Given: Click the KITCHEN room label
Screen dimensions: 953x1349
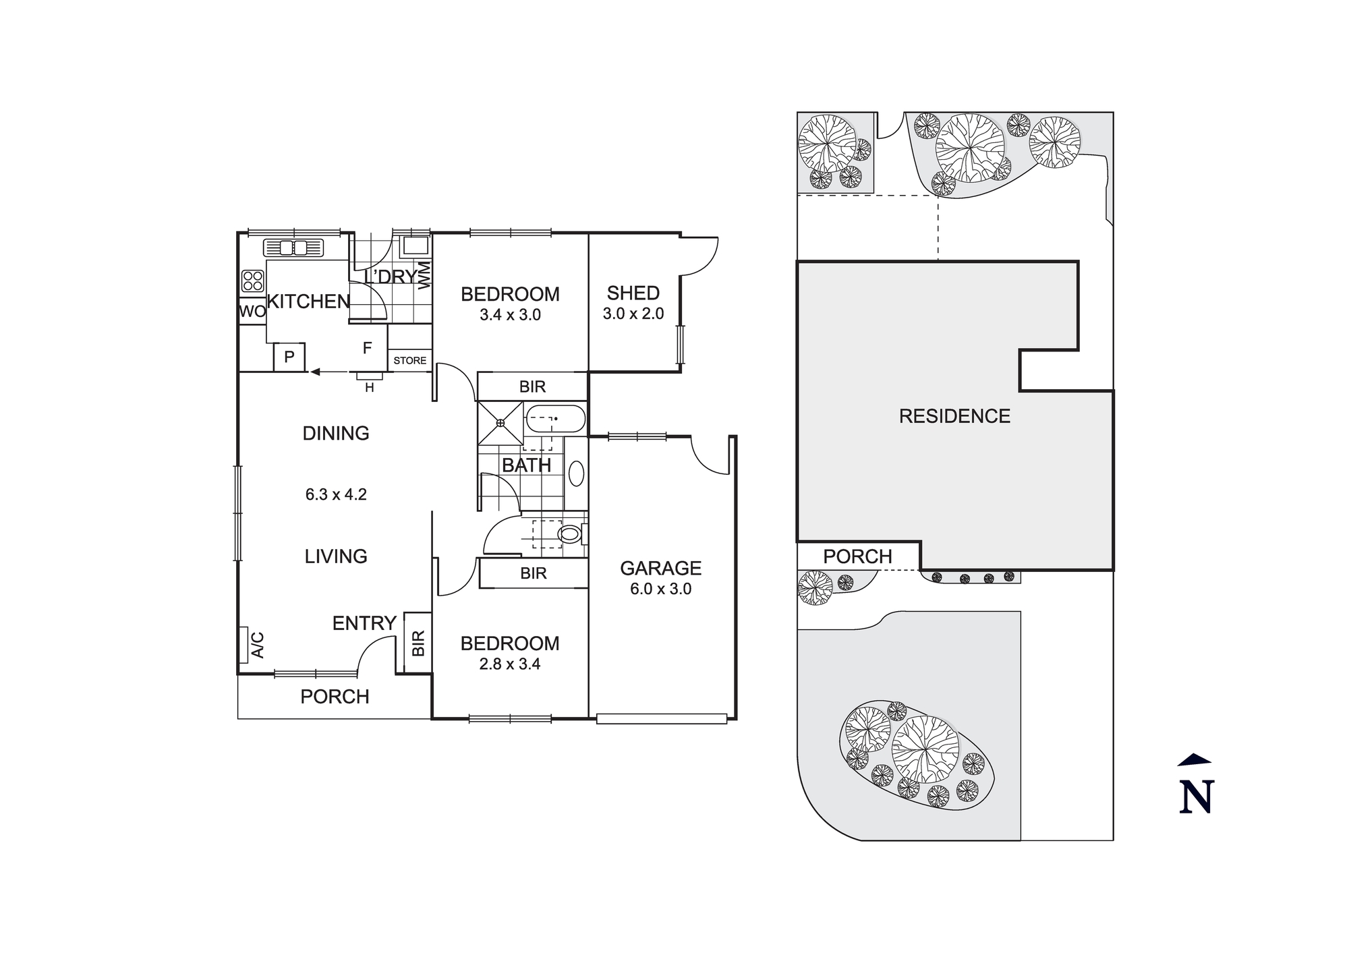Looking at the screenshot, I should point(308,301).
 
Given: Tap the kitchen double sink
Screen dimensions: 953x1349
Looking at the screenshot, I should point(294,248).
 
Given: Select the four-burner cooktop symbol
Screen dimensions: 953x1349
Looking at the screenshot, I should point(253,281).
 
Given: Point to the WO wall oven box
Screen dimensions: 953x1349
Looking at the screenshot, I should point(252,312).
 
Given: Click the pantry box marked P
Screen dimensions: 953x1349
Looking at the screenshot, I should point(289,357).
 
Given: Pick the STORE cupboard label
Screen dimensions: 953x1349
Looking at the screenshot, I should point(409,361).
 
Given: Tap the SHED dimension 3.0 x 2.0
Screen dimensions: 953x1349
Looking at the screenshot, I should point(633,314).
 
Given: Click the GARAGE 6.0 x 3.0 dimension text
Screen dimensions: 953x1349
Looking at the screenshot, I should point(660,589).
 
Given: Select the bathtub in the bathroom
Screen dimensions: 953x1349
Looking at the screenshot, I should point(555,419).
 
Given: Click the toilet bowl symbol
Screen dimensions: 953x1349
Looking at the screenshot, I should point(570,535).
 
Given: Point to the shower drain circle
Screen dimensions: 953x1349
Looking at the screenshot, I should point(500,423).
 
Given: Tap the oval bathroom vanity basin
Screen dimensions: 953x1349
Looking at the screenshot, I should point(576,473).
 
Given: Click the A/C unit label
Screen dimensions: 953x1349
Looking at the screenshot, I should point(257,645).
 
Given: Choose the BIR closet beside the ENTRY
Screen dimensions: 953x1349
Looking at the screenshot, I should point(418,643).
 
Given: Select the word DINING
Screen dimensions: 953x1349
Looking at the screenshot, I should point(336,433).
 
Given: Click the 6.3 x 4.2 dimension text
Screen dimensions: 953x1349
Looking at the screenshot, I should point(336,494).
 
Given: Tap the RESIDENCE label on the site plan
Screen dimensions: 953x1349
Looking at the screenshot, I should point(954,416).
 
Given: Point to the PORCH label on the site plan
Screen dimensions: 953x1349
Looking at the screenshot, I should point(857,556).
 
